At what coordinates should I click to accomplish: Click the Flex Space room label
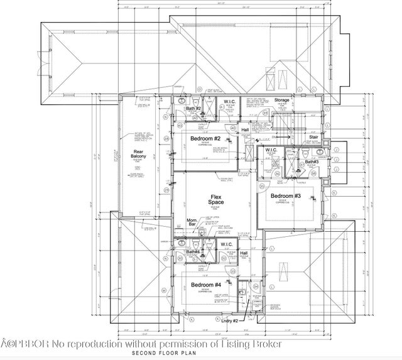tap(216, 200)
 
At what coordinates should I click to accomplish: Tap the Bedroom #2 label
tap(205, 138)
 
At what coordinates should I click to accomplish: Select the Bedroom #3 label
tap(286, 196)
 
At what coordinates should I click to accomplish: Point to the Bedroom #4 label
tap(205, 285)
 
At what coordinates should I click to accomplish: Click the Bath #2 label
tap(193, 109)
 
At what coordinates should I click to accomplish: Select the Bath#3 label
tap(312, 162)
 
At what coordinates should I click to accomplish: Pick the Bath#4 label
tap(192, 252)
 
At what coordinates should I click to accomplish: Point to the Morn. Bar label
tap(193, 223)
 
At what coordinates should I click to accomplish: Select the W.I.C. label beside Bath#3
tap(271, 150)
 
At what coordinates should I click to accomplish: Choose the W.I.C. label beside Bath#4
tap(226, 244)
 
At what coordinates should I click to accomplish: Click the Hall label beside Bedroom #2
tap(245, 130)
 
